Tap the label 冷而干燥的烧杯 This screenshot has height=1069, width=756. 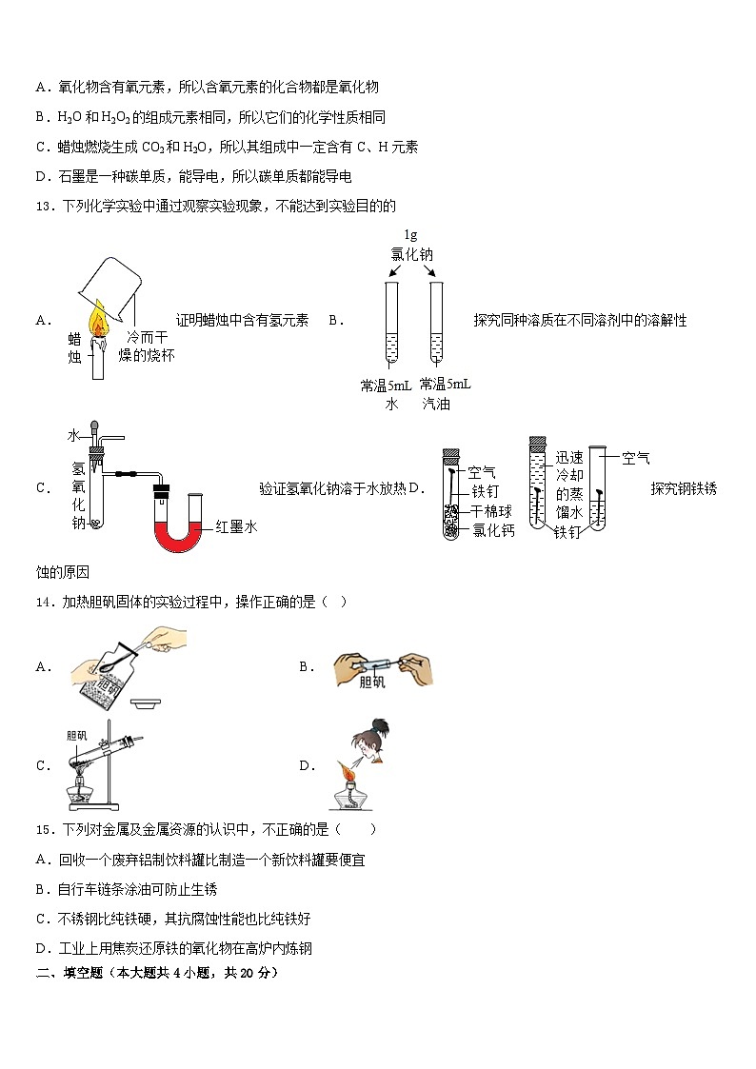point(150,346)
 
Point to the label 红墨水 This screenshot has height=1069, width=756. point(237,526)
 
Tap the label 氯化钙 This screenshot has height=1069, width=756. point(493,530)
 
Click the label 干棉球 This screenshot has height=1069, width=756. point(493,510)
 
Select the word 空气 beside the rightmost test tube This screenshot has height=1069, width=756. point(635,459)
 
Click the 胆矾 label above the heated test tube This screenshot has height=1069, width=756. point(77,736)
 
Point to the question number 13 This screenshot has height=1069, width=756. point(43,206)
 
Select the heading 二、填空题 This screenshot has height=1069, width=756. point(66,973)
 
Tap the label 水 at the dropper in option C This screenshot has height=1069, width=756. point(72,435)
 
